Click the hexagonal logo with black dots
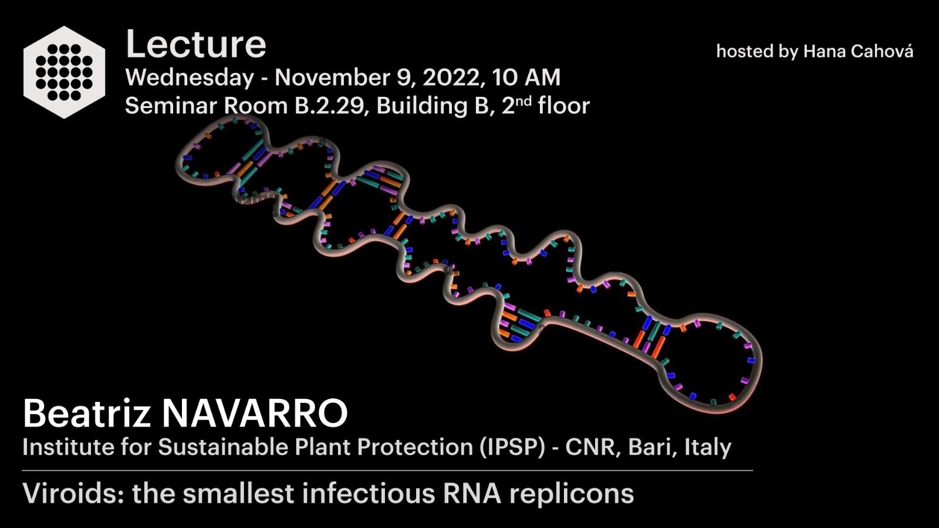(x=64, y=72)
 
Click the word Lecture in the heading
(x=196, y=44)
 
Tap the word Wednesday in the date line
(x=190, y=78)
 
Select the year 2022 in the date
(x=451, y=77)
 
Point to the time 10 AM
(x=526, y=77)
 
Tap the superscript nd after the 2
(x=523, y=100)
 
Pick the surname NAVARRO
(x=255, y=414)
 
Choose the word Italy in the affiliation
(x=708, y=448)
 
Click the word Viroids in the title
(x=73, y=493)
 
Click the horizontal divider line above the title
(x=387, y=471)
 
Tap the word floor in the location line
(x=564, y=105)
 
